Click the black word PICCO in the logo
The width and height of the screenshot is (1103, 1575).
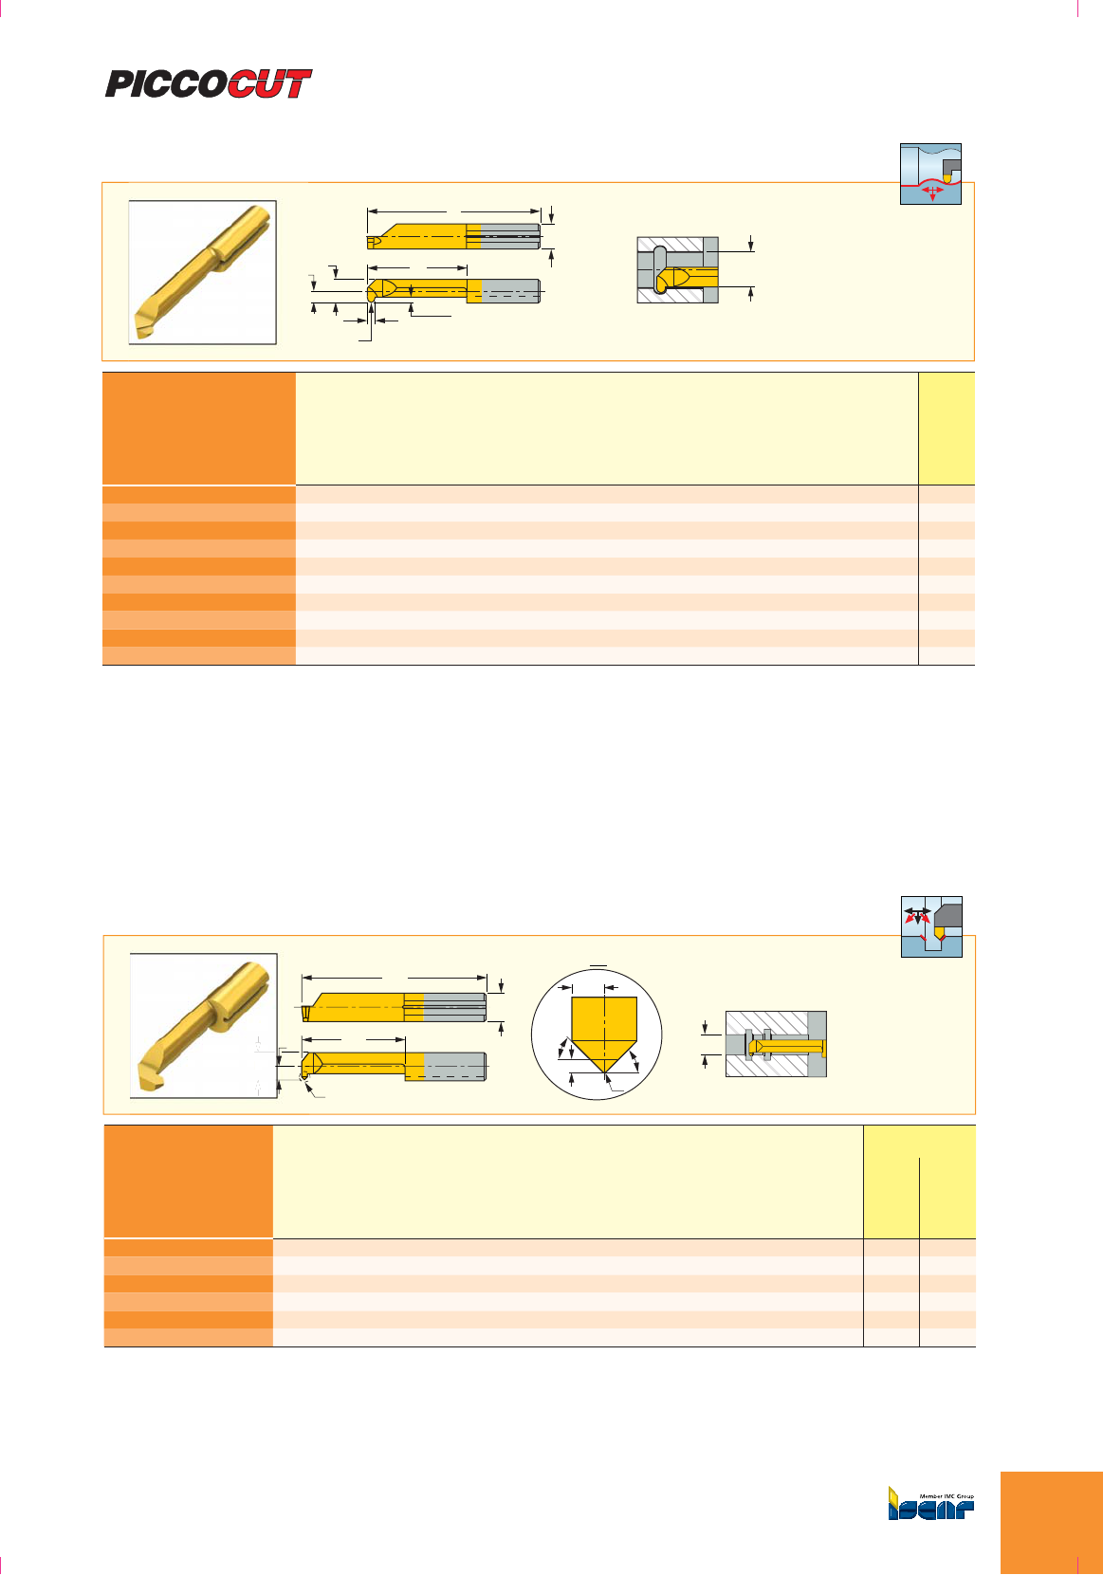(167, 83)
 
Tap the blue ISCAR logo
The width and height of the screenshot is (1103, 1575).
(930, 1509)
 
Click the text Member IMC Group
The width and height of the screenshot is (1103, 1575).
(947, 1496)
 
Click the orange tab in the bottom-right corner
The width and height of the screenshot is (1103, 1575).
(1052, 1523)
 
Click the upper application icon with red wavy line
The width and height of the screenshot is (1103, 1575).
(930, 174)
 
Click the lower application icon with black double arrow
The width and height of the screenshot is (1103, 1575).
(931, 926)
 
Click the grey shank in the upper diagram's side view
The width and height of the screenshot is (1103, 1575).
(510, 290)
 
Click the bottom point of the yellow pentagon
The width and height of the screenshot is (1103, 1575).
(604, 1073)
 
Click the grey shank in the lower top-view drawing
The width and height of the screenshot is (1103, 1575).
(454, 1007)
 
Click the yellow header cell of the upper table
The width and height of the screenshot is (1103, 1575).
(947, 429)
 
